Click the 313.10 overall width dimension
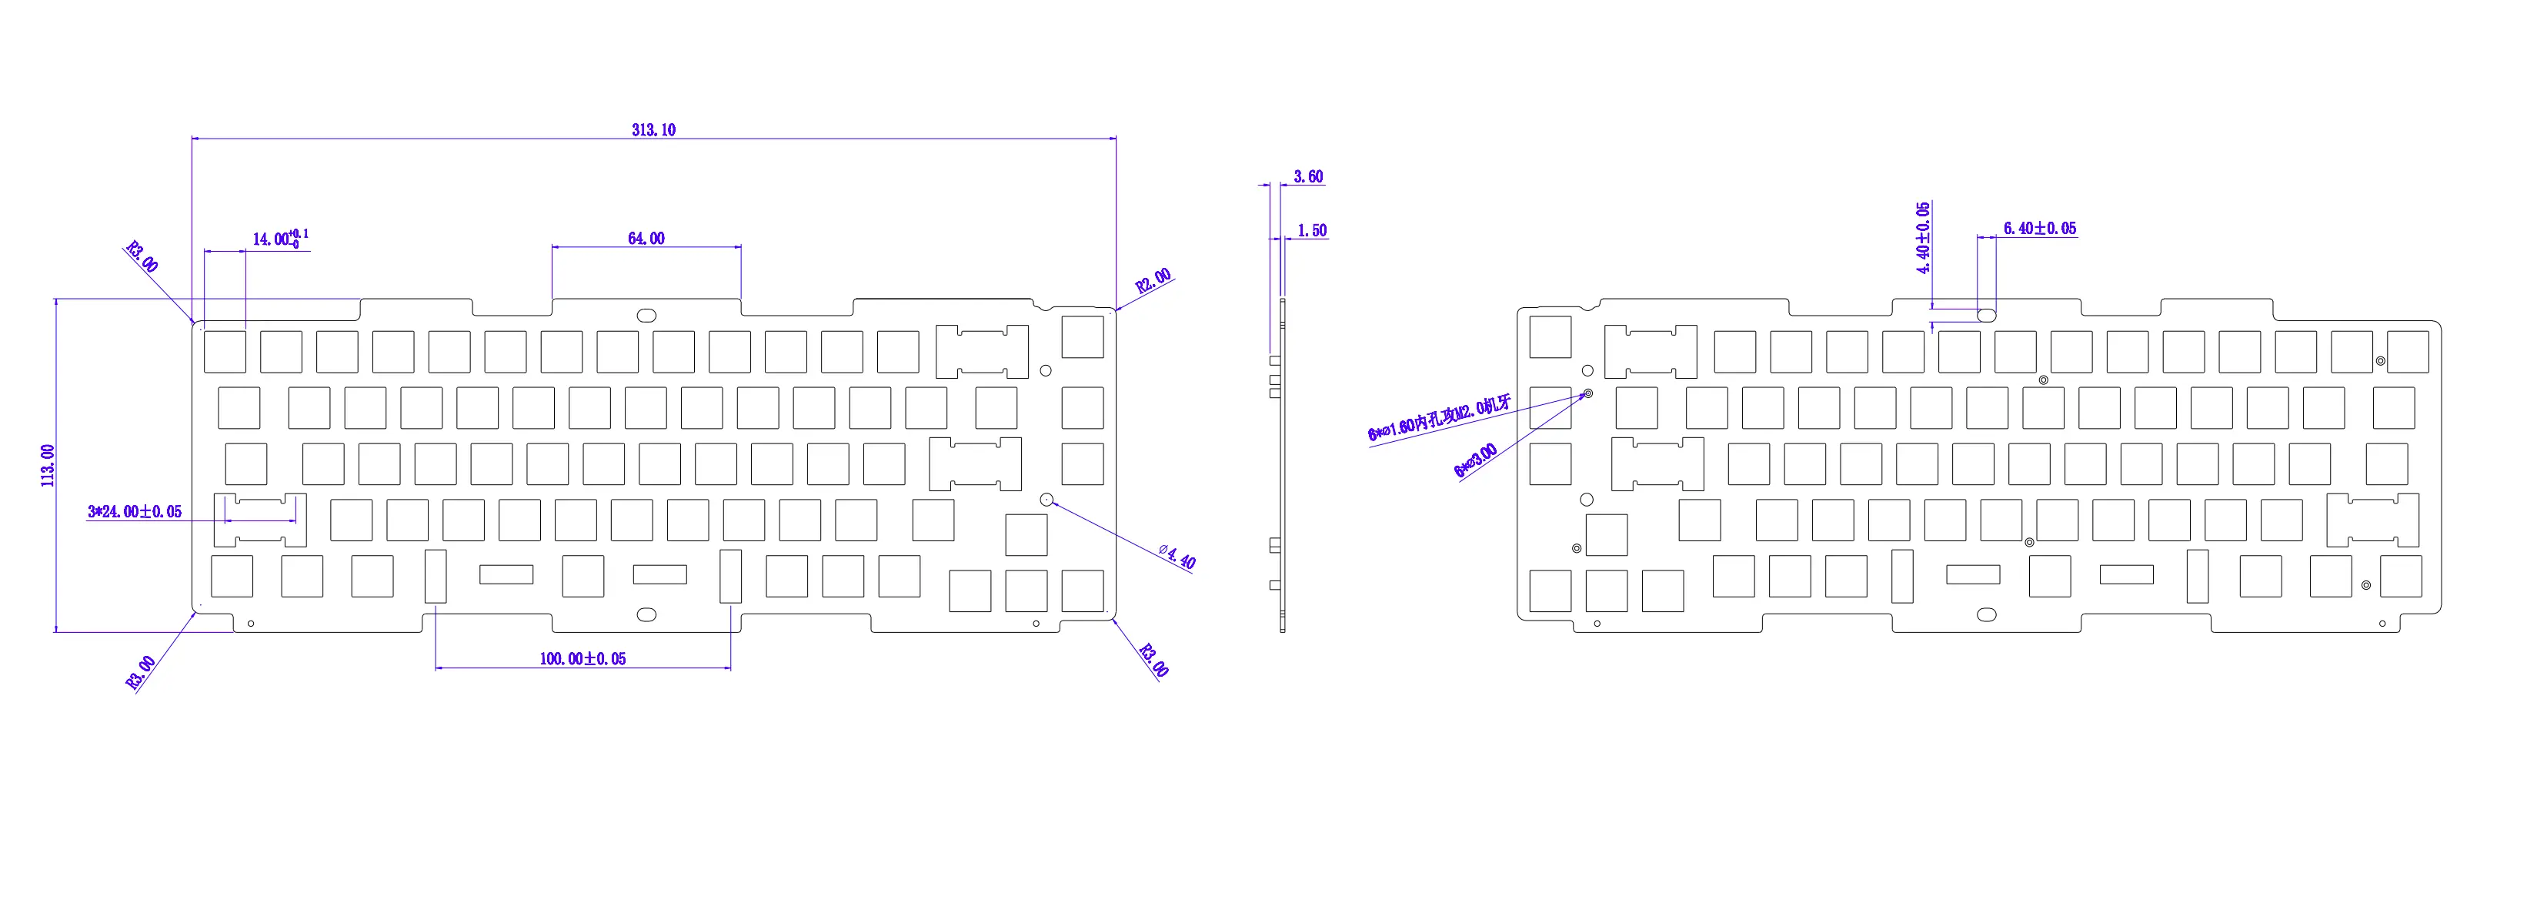click(653, 129)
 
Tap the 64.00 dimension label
click(646, 239)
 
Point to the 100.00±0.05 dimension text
click(583, 659)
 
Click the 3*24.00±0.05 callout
click(135, 511)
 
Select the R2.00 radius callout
click(1153, 280)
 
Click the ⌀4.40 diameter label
click(1177, 556)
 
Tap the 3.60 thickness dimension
click(1308, 177)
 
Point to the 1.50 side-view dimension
click(1312, 230)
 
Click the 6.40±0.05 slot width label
click(2040, 229)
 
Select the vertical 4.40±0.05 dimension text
click(1923, 237)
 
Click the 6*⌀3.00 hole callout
click(1475, 460)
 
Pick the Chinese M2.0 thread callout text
click(1440, 418)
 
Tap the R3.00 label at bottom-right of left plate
click(1153, 660)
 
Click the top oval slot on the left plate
click(646, 316)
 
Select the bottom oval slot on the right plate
click(1986, 614)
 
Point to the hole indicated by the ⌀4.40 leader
click(1046, 500)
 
